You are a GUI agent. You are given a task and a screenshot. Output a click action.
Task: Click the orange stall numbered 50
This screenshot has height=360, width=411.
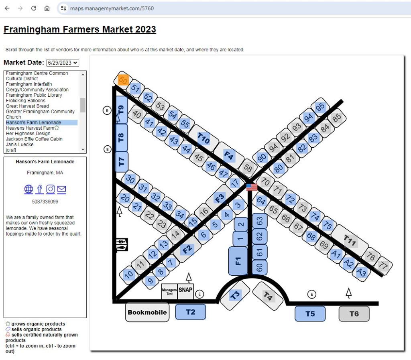[123, 79]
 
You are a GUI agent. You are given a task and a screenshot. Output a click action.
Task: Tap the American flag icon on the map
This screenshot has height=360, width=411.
[252, 187]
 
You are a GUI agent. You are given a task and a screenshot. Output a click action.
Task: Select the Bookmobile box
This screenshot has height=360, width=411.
[147, 312]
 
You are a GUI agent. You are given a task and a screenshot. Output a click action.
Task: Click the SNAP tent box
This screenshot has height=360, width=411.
[185, 291]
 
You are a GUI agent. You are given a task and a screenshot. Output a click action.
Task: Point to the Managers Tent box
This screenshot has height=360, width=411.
[169, 291]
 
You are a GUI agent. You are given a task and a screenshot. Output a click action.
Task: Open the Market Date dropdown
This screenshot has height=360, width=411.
[62, 63]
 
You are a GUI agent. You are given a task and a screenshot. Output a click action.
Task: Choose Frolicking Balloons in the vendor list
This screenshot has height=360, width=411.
[26, 101]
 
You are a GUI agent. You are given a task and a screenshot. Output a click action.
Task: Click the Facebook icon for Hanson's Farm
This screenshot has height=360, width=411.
[40, 189]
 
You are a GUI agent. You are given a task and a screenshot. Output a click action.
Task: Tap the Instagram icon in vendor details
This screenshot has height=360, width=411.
[51, 189]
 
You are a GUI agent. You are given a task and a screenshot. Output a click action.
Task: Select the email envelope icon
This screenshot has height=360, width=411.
[61, 189]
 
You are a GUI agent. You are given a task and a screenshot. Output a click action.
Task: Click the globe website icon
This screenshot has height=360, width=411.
[28, 189]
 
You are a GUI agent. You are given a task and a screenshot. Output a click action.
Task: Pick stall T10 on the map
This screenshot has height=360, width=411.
[203, 138]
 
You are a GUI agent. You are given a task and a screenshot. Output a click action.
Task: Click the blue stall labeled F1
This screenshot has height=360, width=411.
[238, 261]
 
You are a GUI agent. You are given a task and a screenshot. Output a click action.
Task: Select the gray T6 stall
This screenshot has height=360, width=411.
[354, 313]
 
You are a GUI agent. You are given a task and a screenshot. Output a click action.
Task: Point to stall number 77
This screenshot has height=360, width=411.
[383, 265]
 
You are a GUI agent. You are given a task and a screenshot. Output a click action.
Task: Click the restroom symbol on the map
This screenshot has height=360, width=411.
[122, 244]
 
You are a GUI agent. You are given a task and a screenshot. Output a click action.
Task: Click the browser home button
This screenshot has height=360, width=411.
[47, 8]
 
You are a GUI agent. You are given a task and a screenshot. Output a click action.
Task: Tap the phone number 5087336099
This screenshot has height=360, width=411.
[45, 202]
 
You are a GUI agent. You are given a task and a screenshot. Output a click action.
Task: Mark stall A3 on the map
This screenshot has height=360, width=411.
[361, 272]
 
